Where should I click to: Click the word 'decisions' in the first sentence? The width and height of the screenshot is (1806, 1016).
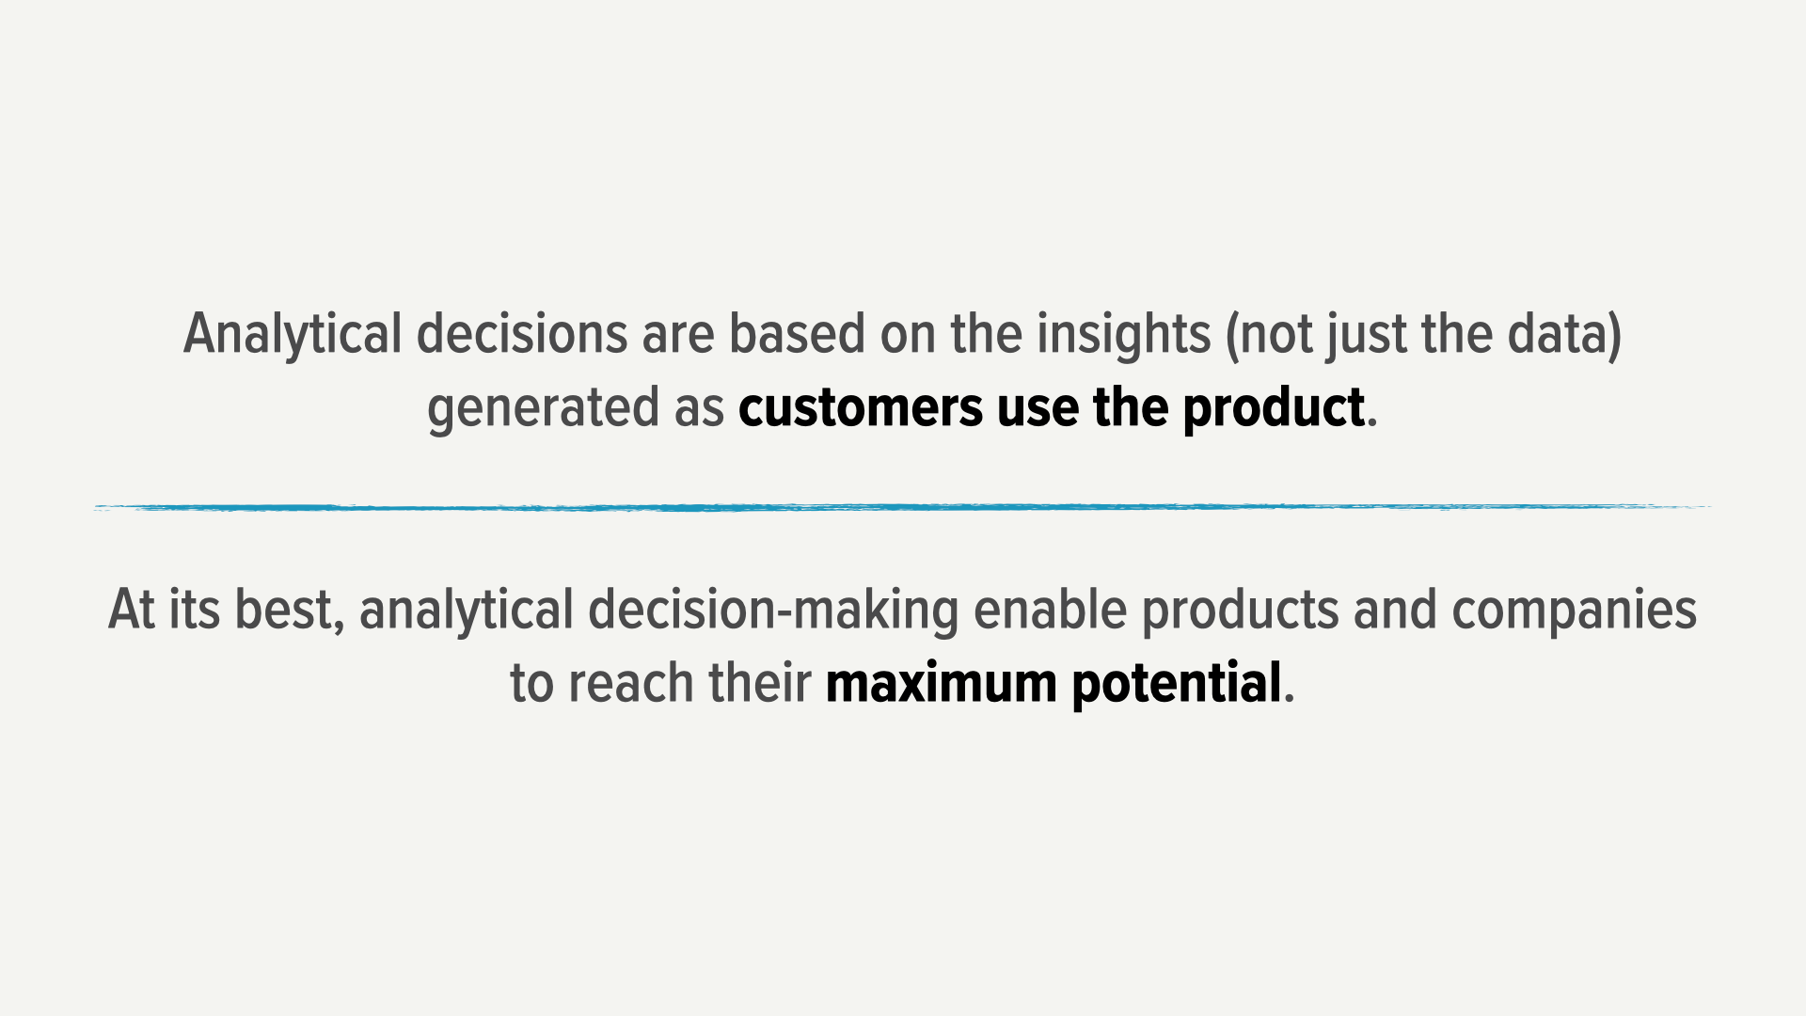[521, 334]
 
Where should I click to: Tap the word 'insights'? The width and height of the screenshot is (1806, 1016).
[1123, 336]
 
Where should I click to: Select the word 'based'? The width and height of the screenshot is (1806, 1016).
[797, 334]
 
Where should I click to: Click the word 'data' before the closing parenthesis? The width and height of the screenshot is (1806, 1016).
[1557, 334]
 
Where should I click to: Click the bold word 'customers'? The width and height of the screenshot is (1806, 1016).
[861, 407]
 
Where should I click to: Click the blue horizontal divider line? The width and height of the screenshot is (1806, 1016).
[903, 507]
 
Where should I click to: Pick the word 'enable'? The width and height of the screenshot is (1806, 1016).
[1050, 610]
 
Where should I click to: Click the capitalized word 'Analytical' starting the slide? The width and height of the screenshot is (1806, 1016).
[293, 336]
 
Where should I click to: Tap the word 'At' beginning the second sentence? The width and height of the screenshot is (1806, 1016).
[131, 610]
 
